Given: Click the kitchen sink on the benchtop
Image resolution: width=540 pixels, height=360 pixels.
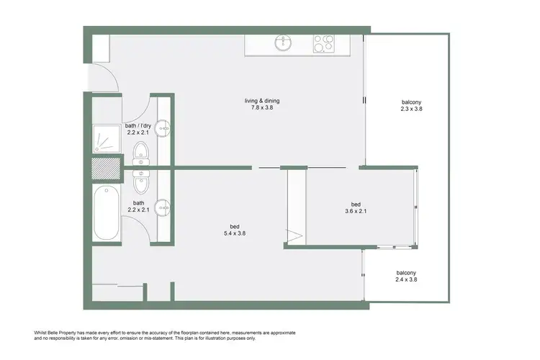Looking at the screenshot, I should coord(284,44).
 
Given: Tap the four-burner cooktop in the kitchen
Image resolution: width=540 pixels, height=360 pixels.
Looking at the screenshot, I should coord(321,44).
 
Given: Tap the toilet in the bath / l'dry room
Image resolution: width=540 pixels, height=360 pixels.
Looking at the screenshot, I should coord(141,152).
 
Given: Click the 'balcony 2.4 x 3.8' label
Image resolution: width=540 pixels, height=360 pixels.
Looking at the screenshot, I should coord(406,276).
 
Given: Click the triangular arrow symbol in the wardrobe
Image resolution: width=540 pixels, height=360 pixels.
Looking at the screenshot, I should coord(294,234).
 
